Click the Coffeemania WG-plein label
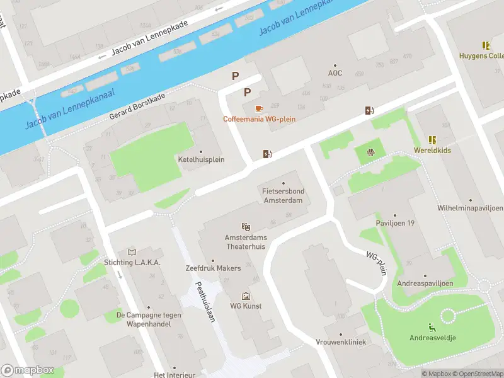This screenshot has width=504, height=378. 259,118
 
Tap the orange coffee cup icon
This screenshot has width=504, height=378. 259,108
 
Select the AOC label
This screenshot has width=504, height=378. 335,72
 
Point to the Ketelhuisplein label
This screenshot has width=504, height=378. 201,159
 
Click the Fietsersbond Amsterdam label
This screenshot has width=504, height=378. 282,195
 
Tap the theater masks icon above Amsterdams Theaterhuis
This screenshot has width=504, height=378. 246,226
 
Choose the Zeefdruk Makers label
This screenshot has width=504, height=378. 213,268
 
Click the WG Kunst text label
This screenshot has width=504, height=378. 246,306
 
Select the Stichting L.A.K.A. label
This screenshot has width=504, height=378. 132,262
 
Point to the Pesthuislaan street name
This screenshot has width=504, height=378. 206,301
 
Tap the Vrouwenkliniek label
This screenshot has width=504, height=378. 341,341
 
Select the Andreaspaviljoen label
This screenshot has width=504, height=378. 425,283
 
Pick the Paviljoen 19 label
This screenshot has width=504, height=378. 394,222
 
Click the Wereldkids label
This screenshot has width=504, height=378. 432,151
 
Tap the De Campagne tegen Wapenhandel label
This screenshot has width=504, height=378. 149,319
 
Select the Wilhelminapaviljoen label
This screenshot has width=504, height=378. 470,208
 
